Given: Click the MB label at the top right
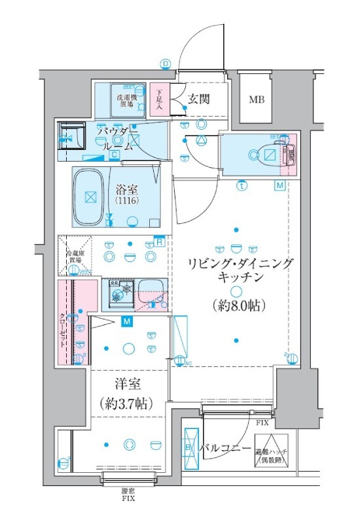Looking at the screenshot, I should [256, 100].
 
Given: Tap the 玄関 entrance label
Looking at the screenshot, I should [198, 100].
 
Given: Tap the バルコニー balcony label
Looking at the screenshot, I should [225, 449].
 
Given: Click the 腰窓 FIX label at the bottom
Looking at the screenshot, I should [128, 493].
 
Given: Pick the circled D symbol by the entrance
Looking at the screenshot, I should [165, 64].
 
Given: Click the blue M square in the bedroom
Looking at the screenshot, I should [126, 321].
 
